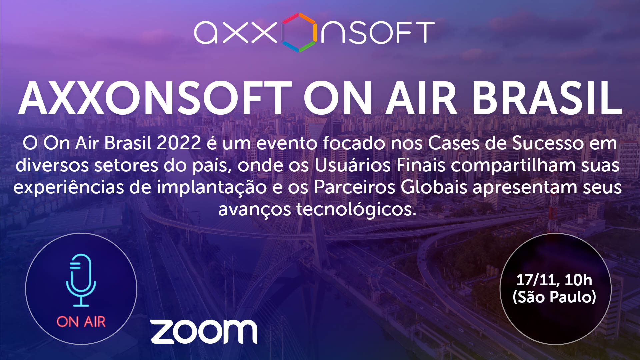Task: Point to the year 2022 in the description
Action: [x=179, y=143]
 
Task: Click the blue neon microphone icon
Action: [x=81, y=280]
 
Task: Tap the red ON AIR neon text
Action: [x=81, y=322]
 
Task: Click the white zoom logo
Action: [x=204, y=331]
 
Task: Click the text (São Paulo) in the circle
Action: [x=554, y=297]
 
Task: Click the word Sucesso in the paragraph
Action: [x=548, y=143]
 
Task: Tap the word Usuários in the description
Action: [x=353, y=166]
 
